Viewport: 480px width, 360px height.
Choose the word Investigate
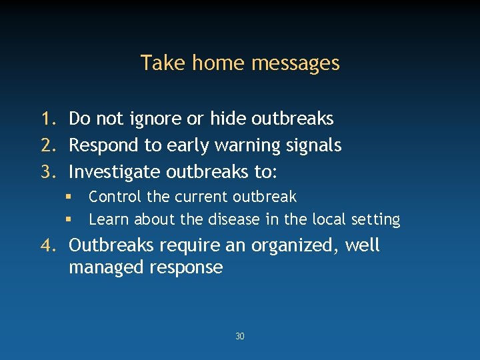click(x=115, y=172)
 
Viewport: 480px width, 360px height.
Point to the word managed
click(x=105, y=268)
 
